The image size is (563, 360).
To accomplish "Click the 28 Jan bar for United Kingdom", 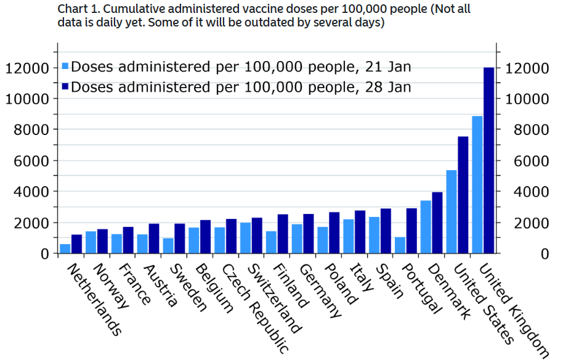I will [488, 160].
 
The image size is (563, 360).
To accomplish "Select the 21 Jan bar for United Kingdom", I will [477, 185].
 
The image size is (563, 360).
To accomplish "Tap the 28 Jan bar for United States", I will [463, 195].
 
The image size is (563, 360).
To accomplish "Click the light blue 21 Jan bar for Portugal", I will [400, 245].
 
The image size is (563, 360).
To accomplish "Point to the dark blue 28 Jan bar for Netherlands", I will [76, 244].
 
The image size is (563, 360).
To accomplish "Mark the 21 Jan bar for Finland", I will [271, 242].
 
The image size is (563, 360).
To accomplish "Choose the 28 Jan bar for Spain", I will [386, 231].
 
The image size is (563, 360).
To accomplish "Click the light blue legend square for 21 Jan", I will [66, 67].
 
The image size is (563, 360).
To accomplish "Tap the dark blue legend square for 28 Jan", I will [66, 86].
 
